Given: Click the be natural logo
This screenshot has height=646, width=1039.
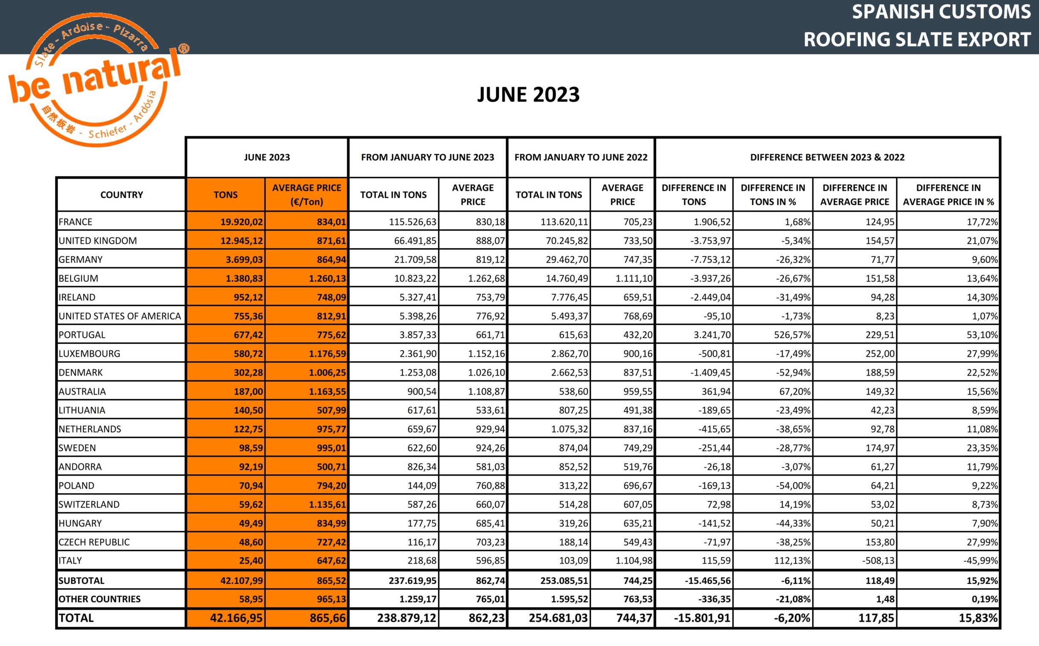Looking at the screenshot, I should (96, 79).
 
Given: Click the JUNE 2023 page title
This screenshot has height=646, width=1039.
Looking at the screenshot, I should (528, 94).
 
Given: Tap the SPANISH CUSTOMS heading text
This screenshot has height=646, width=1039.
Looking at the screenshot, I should (941, 12).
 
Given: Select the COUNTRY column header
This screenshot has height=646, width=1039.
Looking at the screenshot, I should (121, 195).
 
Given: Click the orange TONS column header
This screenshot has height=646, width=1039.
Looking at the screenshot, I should (225, 195).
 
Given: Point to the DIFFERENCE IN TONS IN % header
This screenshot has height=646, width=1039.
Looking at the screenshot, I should (773, 195).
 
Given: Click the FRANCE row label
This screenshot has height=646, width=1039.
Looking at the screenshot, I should (76, 222).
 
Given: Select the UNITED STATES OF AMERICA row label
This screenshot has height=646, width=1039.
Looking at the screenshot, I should (120, 316).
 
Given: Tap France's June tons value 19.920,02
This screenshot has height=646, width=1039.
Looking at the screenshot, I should (241, 222).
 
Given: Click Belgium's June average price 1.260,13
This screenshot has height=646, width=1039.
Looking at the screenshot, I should (327, 278).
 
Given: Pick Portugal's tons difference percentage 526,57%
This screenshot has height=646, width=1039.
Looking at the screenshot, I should (792, 335).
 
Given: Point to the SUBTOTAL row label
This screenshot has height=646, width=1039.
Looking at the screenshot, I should (81, 581).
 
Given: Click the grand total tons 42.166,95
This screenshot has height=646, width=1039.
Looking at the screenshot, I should (236, 618).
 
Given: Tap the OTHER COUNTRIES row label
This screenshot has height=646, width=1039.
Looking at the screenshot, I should (100, 599).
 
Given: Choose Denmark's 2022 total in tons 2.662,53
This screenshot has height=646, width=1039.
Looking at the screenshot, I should (568, 373).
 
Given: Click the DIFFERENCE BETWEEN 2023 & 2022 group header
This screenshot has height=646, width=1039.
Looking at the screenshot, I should (827, 157).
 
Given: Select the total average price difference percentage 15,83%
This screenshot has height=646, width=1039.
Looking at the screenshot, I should (978, 618).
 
